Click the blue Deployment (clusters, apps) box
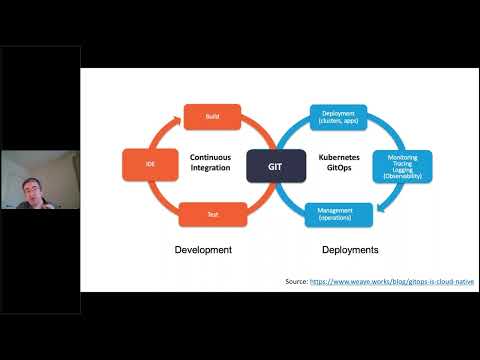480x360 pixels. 338,116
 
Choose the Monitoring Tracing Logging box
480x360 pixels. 403,165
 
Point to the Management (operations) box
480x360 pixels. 338,212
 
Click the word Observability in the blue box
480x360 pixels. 403,177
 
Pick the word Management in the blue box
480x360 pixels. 338,208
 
